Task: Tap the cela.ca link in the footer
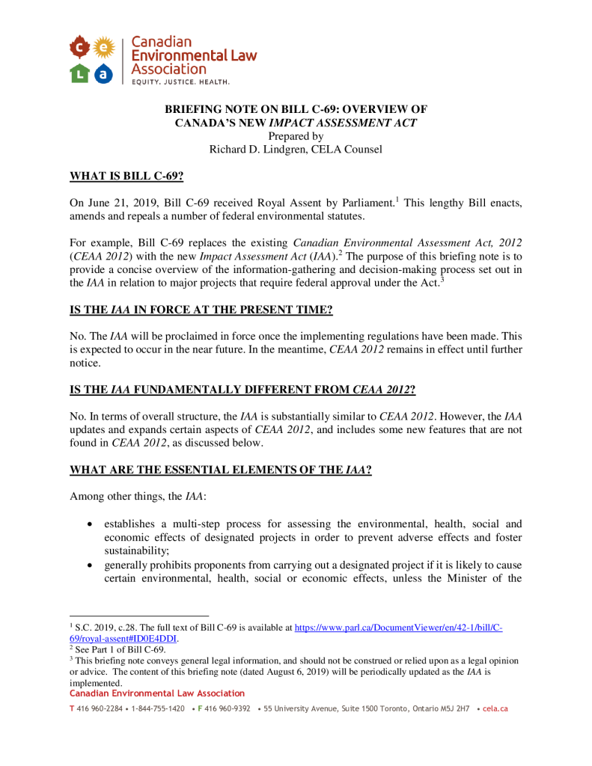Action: [495, 708]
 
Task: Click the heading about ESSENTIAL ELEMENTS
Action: [221, 471]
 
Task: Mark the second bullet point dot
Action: [91, 565]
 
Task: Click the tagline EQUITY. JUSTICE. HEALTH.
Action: [180, 81]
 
